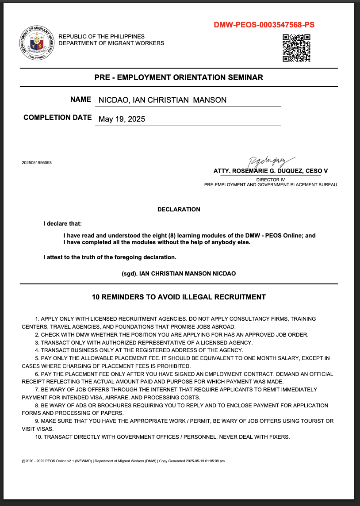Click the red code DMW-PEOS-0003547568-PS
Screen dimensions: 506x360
(264, 25)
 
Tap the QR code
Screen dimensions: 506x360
(296, 48)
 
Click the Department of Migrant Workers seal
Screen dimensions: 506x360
(37, 43)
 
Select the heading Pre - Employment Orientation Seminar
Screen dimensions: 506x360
(179, 77)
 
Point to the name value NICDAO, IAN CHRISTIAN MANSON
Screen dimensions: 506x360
(162, 100)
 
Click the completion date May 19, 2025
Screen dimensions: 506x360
(122, 119)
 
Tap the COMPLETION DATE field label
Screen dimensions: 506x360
(57, 118)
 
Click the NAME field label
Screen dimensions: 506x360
(80, 100)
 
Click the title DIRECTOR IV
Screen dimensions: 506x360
(270, 180)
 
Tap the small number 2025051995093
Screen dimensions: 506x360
(37, 163)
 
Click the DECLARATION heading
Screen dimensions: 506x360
(179, 209)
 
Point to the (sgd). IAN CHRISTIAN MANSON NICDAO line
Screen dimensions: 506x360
(179, 273)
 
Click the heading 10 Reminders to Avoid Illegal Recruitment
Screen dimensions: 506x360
(179, 297)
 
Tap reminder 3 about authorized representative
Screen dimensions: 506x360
(144, 342)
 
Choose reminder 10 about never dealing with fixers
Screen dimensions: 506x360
(162, 437)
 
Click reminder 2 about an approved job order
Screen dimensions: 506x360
(172, 334)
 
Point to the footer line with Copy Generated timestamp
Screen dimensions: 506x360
(123, 461)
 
